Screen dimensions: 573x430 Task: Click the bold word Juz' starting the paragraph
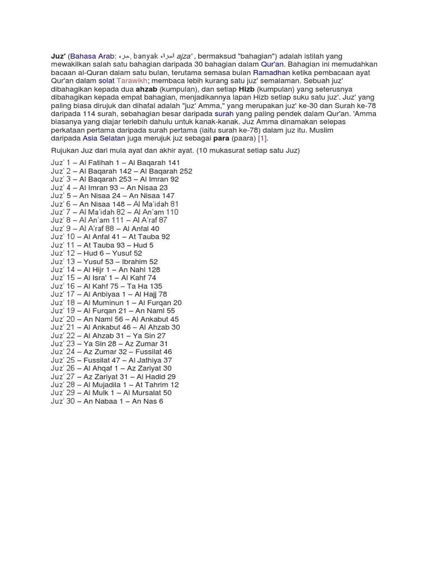click(x=58, y=57)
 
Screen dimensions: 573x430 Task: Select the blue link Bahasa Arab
click(x=92, y=57)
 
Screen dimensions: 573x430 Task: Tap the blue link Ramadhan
click(x=272, y=73)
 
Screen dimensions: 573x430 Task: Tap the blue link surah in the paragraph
click(x=224, y=114)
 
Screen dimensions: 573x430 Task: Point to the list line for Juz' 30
click(x=107, y=401)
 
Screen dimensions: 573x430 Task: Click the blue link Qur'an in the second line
click(x=272, y=64)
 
